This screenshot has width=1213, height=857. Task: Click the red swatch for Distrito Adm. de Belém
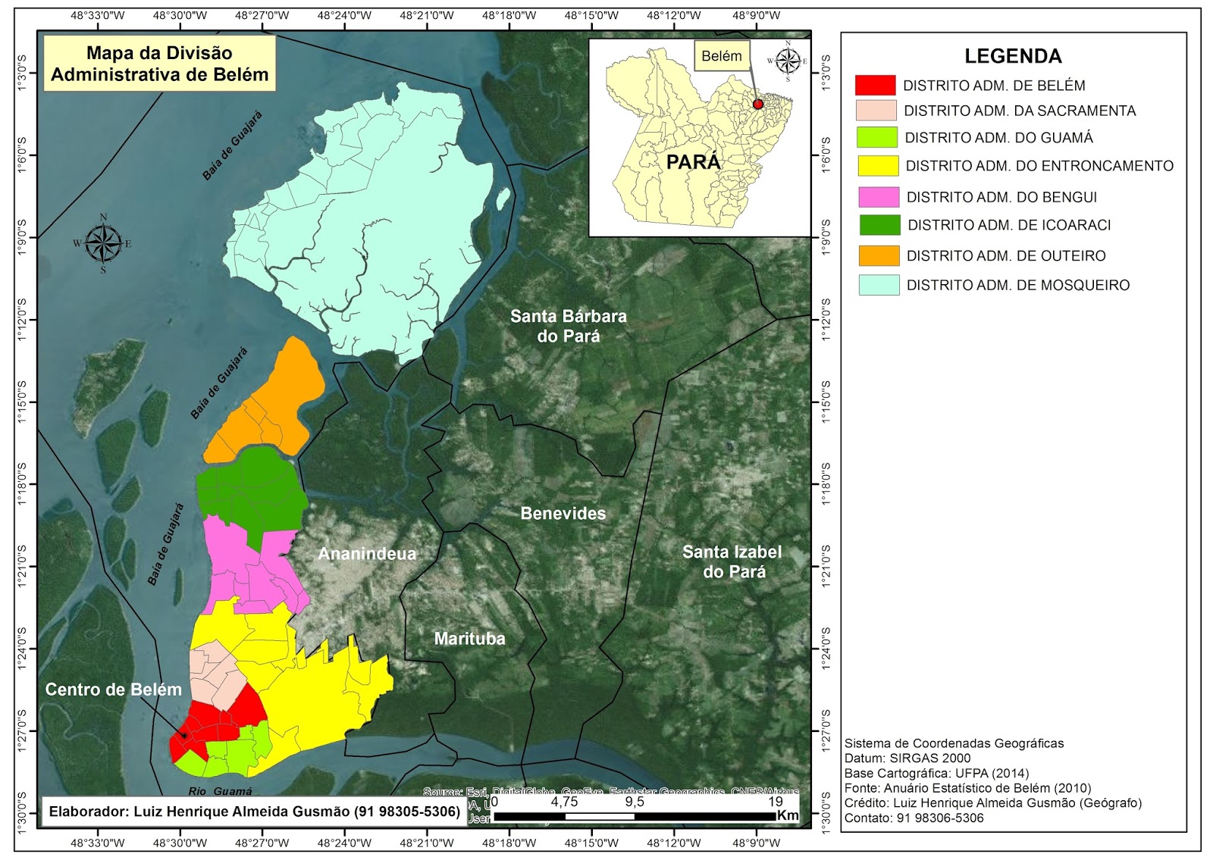pyautogui.click(x=875, y=85)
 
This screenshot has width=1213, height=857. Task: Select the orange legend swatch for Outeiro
pyautogui.click(x=879, y=255)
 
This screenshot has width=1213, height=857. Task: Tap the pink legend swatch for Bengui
pyautogui.click(x=879, y=197)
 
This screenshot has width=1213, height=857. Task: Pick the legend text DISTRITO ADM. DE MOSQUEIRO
pyautogui.click(x=1017, y=286)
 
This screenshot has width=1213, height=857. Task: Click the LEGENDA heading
pyautogui.click(x=1012, y=56)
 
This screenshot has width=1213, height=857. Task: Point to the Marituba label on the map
pyautogui.click(x=469, y=639)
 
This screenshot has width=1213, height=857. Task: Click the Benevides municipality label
pyautogui.click(x=563, y=514)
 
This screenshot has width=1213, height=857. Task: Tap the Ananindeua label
pyautogui.click(x=367, y=554)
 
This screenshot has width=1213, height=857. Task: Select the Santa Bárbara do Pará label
pyautogui.click(x=568, y=326)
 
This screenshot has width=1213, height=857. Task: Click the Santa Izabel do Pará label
pyautogui.click(x=732, y=561)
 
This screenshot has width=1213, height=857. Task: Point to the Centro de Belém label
pyautogui.click(x=114, y=690)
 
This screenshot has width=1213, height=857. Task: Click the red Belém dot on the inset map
pyautogui.click(x=757, y=104)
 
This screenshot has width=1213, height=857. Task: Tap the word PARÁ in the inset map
pyautogui.click(x=693, y=162)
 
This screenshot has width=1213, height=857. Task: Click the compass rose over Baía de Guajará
pyautogui.click(x=103, y=244)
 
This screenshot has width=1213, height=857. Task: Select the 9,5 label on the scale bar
pyautogui.click(x=635, y=802)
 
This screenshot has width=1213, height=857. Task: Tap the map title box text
pyautogui.click(x=160, y=64)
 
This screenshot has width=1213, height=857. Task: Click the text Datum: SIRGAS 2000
pyautogui.click(x=907, y=758)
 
